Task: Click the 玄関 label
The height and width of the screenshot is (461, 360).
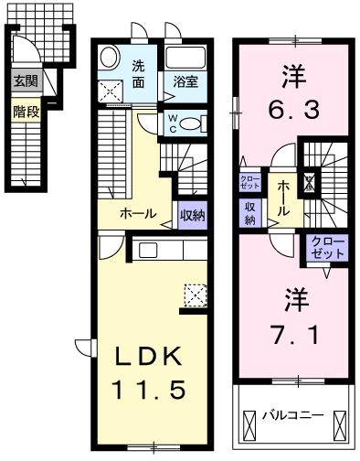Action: [x=23, y=81]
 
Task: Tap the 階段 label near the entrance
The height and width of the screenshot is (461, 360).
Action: [x=23, y=113]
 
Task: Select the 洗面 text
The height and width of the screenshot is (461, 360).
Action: [x=137, y=72]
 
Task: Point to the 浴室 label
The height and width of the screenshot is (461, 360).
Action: [x=185, y=81]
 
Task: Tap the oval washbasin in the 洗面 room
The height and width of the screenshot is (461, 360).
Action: [x=110, y=57]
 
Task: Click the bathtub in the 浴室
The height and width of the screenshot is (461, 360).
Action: [x=186, y=58]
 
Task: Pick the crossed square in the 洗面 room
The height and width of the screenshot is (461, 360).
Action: [x=113, y=90]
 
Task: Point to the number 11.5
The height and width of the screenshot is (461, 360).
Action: [x=149, y=390]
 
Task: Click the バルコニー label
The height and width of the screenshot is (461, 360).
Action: [x=294, y=414]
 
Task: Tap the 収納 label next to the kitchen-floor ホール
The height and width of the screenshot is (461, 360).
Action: [x=192, y=215]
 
